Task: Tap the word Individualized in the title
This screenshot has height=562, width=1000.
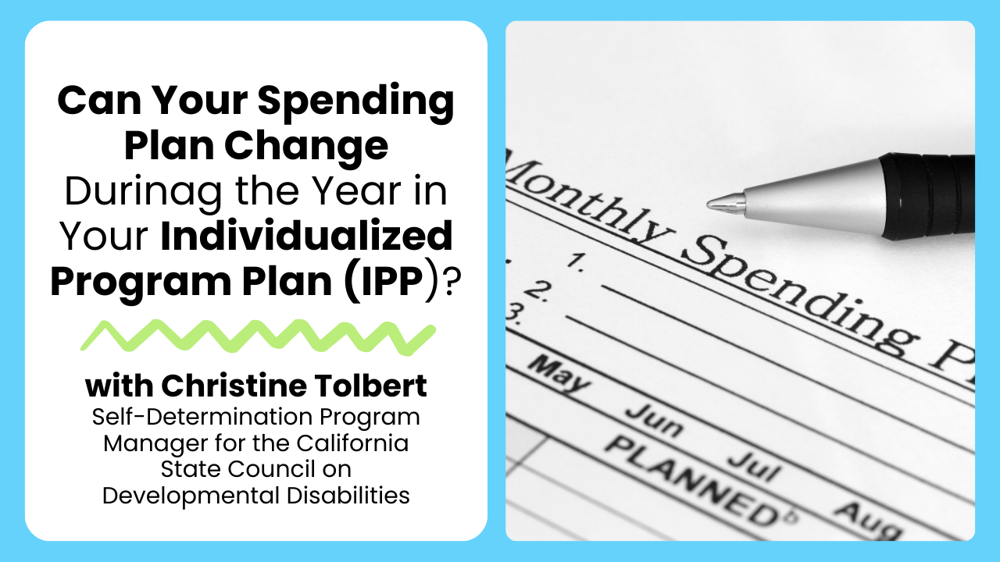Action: click(307, 236)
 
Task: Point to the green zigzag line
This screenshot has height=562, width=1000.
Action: click(258, 337)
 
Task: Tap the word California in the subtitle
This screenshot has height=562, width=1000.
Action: click(352, 443)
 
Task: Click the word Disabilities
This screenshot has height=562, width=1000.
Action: click(348, 496)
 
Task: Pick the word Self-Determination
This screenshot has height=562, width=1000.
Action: click(202, 417)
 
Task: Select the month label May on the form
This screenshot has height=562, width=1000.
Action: click(560, 375)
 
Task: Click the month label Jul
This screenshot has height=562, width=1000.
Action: click(755, 467)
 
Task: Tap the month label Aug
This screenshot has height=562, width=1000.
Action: click(867, 521)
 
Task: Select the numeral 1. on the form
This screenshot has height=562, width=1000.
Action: click(577, 262)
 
